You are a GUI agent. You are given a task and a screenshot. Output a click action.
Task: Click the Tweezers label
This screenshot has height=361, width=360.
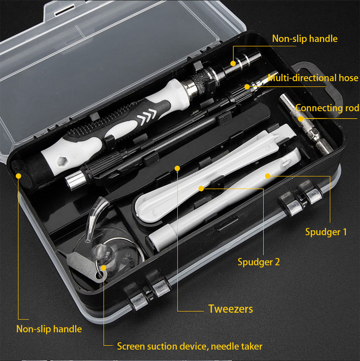pos(230,309)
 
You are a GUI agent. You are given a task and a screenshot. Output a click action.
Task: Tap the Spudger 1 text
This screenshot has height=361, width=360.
pos(326,232)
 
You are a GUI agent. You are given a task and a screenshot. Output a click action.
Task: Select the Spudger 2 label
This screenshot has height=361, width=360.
pos(258,262)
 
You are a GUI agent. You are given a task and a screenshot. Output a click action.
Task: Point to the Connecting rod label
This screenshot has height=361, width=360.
pos(327,108)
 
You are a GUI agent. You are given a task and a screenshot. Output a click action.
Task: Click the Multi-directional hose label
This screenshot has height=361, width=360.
pos(313,78)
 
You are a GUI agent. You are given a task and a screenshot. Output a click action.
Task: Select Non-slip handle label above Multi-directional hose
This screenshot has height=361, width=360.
pos(304,39)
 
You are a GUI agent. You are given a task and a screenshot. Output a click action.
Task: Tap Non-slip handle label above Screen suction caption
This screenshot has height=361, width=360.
pos(49,329)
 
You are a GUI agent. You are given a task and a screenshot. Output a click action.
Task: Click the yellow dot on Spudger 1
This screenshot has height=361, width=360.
pos(268,175)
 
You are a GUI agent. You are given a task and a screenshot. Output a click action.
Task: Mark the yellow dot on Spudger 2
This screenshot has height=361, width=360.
pos(201,187)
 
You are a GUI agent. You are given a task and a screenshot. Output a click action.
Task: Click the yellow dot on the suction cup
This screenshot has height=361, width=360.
pos(104,268)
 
